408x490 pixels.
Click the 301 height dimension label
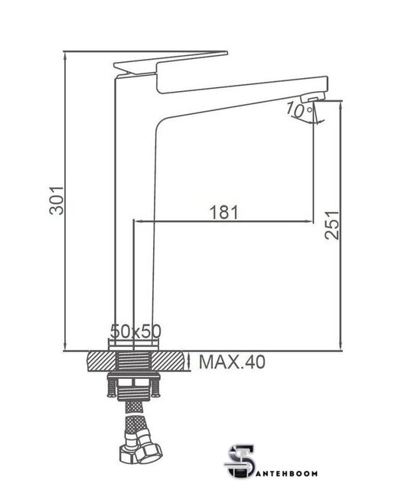click(57, 201)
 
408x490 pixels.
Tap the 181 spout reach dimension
click(224, 212)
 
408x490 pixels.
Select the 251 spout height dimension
click(331, 225)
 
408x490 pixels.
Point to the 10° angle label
click(299, 110)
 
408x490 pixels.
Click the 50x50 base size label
click(136, 332)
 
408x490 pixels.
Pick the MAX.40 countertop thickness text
click(232, 362)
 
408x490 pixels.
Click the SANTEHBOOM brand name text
click(286, 473)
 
